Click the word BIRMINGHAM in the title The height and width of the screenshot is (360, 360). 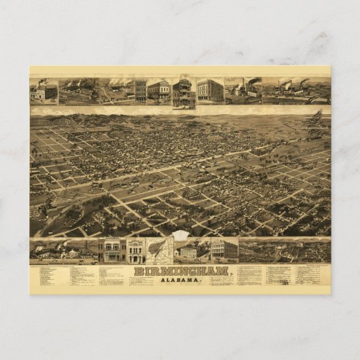coord(181,271)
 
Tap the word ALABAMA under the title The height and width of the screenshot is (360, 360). coord(180,280)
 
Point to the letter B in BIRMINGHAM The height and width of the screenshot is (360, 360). coord(138,271)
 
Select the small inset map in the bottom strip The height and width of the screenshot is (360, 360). coord(159,251)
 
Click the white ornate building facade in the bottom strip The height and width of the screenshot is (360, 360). coord(135,251)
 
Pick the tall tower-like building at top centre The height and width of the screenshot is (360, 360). coord(183,92)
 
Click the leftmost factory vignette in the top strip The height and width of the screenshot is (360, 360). coord(43,91)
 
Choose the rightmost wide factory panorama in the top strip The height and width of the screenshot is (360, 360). coord(296,91)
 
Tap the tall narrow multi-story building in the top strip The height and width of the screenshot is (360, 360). coord(140,91)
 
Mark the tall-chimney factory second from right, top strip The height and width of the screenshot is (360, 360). coord(242,91)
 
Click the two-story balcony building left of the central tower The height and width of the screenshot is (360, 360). coord(159,91)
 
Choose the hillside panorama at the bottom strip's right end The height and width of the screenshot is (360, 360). coord(285,251)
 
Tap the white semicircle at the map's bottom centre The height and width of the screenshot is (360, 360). coord(180,236)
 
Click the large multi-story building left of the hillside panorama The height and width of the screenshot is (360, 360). coord(223,250)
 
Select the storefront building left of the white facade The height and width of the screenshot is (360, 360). coord(111,251)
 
